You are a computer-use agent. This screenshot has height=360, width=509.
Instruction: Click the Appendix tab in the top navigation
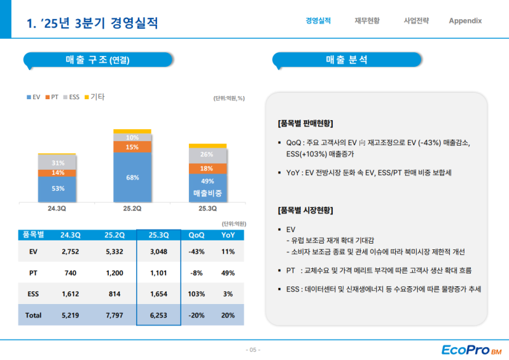coord(465,21)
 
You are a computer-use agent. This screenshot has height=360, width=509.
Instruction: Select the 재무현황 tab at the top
coord(367,21)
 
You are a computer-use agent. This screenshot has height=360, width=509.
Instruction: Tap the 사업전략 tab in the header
coord(416,21)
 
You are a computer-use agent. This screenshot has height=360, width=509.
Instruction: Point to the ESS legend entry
coord(71,97)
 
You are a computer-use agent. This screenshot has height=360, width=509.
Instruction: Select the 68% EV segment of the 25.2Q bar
coord(132,177)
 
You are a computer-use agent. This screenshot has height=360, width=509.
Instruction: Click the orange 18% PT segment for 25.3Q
coord(207,169)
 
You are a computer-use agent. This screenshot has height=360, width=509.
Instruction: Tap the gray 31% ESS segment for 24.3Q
coord(58,163)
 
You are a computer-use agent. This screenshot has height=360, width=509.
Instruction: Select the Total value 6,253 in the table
coord(159,315)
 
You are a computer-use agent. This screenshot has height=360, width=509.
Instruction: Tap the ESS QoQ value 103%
coord(197,294)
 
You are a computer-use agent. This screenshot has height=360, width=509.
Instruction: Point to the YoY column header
coord(228,235)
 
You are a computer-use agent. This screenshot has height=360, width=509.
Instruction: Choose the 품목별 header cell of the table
coord(32,235)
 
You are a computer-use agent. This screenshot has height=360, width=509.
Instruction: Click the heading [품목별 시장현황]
coord(305,211)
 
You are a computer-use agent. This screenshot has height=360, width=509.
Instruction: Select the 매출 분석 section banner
coord(346,60)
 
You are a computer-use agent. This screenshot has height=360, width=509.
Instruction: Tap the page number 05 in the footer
coord(253,350)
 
